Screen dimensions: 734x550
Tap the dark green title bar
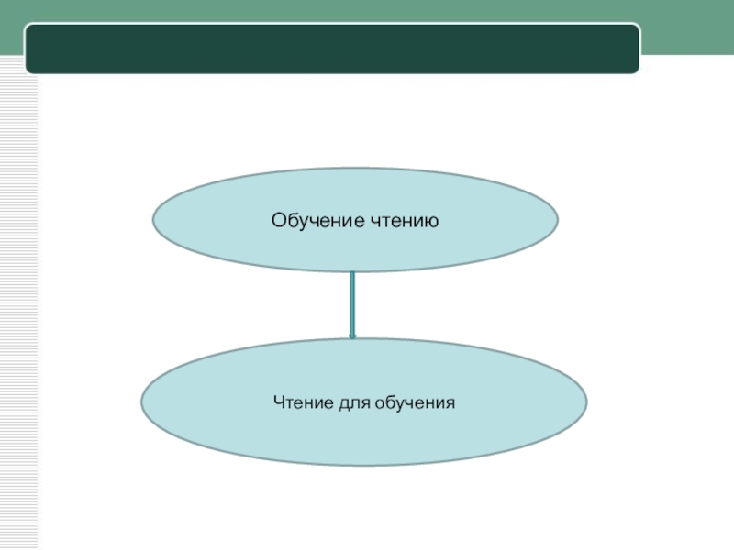[x=331, y=49]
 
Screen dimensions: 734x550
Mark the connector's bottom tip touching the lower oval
[x=352, y=336]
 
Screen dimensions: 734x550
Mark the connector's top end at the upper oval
[x=352, y=273]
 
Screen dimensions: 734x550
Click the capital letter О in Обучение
[x=277, y=220]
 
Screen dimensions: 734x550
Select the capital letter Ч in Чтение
[x=278, y=402]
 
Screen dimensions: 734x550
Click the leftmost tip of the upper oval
[x=153, y=220]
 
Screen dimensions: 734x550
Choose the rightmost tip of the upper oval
[x=558, y=220]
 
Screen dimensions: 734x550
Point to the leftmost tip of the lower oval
[x=141, y=402]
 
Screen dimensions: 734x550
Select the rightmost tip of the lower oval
[x=586, y=402]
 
